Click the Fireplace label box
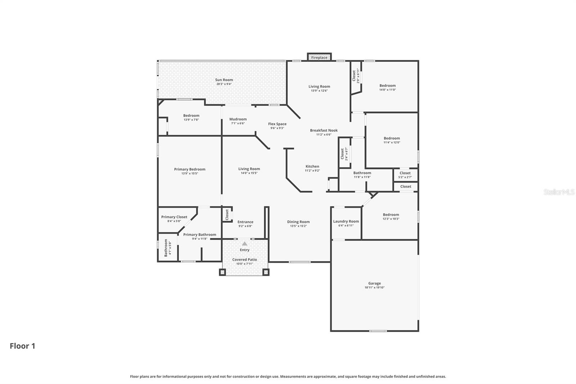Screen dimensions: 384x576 (319, 57)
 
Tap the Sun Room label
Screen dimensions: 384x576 (224, 80)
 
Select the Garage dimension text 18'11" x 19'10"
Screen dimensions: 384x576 (374, 288)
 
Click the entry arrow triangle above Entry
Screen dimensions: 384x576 (245, 244)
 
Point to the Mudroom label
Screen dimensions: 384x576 (238, 119)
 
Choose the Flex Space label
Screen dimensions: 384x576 (277, 124)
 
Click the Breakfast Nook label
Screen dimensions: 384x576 (324, 130)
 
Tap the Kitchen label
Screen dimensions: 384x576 (312, 166)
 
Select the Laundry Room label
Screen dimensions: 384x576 (346, 222)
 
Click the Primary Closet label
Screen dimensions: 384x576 (174, 217)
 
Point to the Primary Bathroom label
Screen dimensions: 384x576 (200, 235)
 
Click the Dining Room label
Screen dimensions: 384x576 (298, 222)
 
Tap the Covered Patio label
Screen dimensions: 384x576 (244, 259)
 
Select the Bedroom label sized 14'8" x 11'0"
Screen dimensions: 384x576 (387, 86)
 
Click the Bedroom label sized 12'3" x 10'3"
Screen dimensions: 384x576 (391, 215)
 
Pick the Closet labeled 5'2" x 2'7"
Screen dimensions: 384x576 (405, 173)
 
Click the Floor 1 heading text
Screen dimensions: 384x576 (22, 346)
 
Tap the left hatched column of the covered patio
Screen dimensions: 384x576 (223, 272)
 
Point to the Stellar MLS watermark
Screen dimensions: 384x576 (559, 192)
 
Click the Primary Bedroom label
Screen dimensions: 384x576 (190, 169)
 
